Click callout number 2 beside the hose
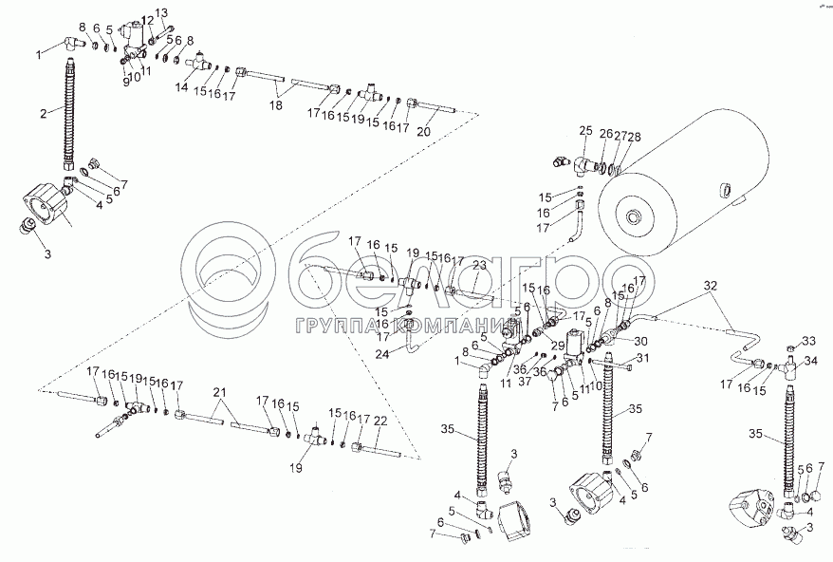(43, 115)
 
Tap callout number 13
(160, 13)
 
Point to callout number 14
(181, 86)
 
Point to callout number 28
(634, 137)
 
